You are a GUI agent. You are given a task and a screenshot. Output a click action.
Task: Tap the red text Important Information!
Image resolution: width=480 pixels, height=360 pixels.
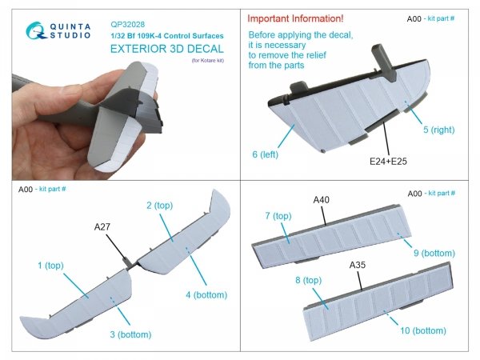pyautogui.click(x=296, y=18)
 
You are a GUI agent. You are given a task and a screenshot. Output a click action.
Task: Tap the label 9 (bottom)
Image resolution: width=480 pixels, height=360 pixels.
pyautogui.click(x=435, y=255)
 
